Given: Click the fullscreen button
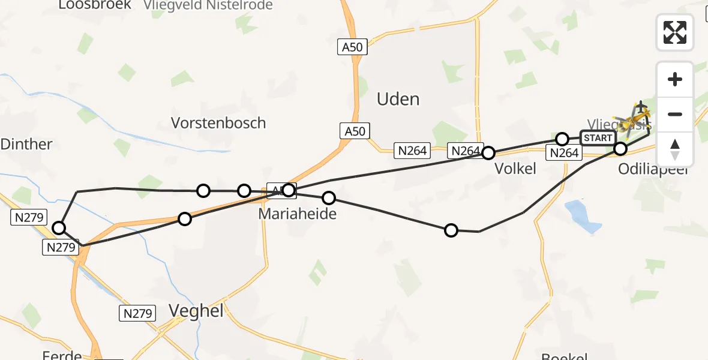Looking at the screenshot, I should (x=675, y=32).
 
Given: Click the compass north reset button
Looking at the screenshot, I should (x=675, y=149).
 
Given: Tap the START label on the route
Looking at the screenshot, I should (x=598, y=138).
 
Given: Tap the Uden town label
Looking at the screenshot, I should (x=398, y=99).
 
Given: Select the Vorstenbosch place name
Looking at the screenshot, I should (x=218, y=123).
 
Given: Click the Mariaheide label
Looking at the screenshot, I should (x=298, y=214).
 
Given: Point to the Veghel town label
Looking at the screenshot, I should (x=196, y=310).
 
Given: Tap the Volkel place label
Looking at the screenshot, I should (x=515, y=169).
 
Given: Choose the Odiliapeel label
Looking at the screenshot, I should (x=654, y=169).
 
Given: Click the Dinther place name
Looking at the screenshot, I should (x=26, y=144).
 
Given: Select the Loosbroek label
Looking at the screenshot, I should (x=95, y=5).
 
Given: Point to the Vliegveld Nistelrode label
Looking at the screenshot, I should (x=208, y=5).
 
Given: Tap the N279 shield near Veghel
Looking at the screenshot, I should (x=137, y=313).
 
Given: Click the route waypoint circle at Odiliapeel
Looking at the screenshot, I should (x=621, y=148).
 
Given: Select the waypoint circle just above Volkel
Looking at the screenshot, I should (x=488, y=152).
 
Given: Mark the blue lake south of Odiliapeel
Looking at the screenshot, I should (x=582, y=216).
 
